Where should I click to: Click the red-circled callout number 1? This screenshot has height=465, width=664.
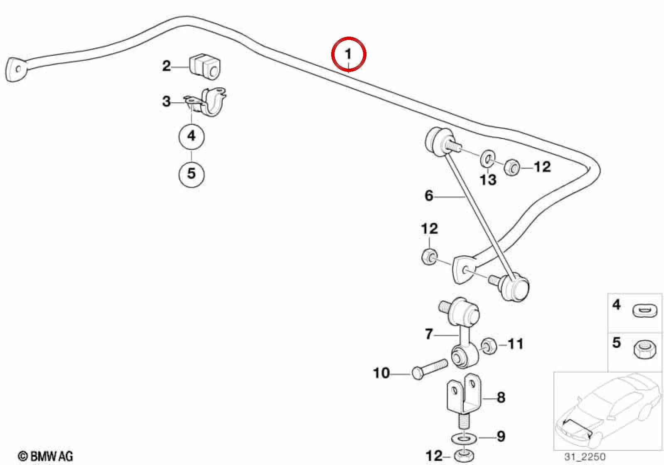coord(348,54)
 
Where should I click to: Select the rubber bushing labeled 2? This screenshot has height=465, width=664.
coord(204,67)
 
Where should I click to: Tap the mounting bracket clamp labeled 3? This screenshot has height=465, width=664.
coord(207,102)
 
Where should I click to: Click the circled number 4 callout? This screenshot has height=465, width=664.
coord(192,136)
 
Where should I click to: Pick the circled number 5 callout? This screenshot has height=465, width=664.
coord(192,174)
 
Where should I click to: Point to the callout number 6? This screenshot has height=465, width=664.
coord(429,196)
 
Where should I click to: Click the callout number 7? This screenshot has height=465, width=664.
coord(429,334)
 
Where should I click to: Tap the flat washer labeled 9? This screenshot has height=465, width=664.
coord(464,438)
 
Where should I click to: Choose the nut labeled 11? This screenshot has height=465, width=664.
coord(489,346)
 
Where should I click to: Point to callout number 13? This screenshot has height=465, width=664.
coord(488,180)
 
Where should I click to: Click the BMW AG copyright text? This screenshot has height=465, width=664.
coord(45,456)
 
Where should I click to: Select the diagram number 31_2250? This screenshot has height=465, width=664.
coord(585,457)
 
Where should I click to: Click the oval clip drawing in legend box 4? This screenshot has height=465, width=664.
coord(645,312)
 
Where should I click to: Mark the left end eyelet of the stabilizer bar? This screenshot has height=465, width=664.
coord(16,69)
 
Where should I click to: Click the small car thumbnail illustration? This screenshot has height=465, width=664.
coord(607,411)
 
